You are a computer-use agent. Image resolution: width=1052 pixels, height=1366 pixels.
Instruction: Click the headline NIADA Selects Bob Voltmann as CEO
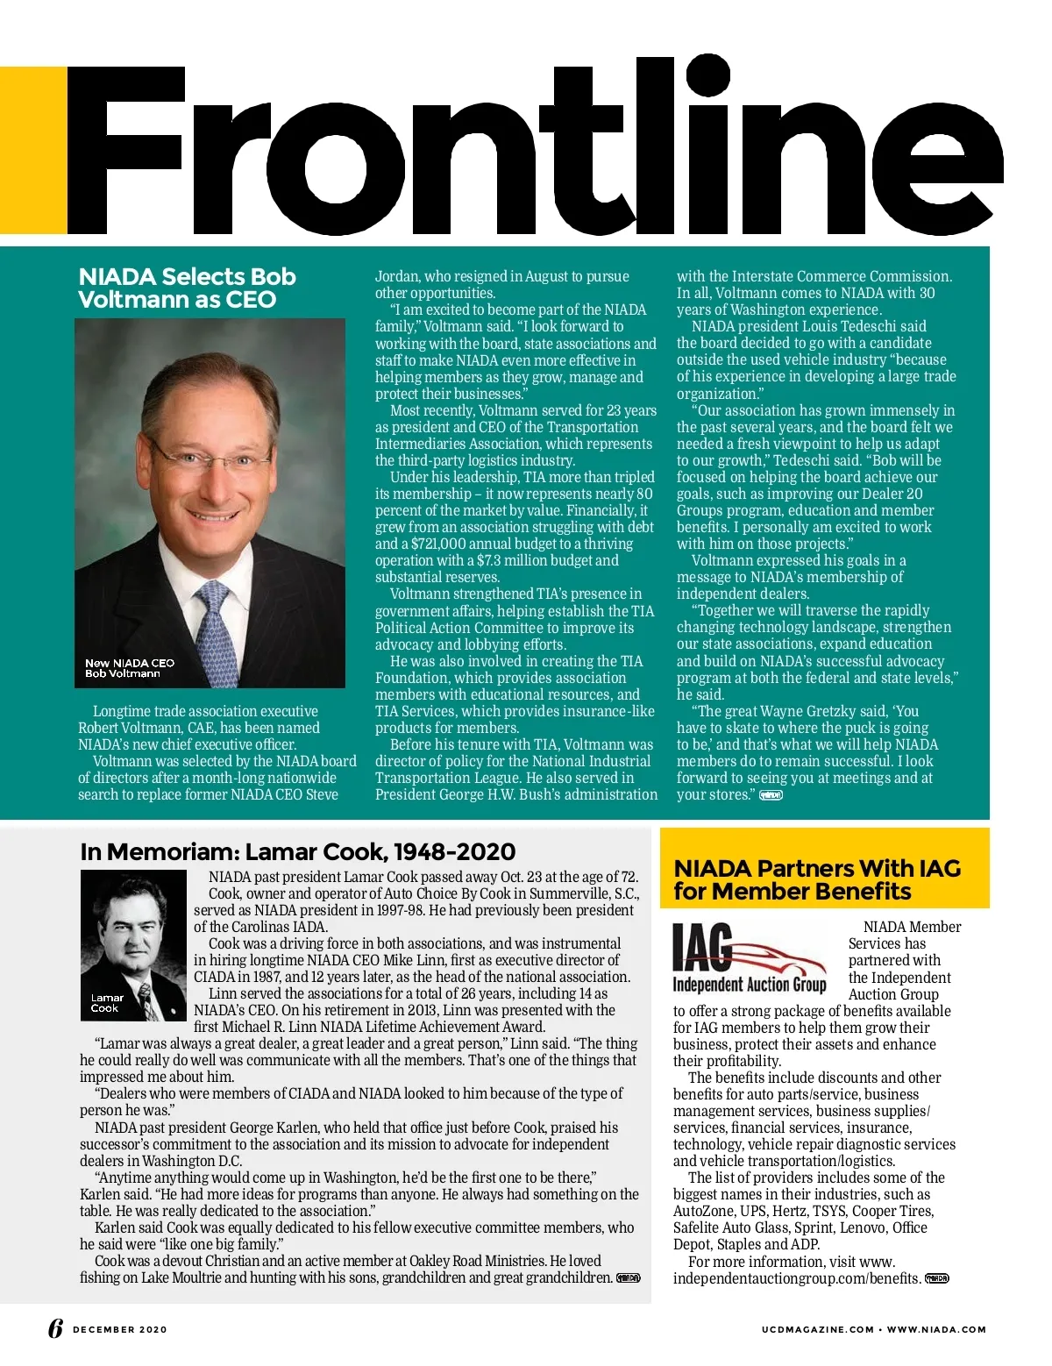tap(187, 288)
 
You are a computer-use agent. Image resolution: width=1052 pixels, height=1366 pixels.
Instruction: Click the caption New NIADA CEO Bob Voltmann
tap(130, 669)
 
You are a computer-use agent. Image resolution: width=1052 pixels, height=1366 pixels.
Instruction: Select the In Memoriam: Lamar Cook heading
tap(297, 852)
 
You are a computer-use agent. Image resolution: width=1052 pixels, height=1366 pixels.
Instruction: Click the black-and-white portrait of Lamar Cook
tap(133, 945)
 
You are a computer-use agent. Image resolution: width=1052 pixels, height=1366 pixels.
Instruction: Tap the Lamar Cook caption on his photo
tap(107, 1003)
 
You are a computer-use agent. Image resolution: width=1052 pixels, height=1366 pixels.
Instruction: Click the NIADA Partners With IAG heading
tap(817, 880)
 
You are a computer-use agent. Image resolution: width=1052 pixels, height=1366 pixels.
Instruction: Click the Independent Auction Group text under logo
tap(750, 985)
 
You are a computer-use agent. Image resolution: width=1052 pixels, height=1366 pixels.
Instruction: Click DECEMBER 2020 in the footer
tap(120, 1329)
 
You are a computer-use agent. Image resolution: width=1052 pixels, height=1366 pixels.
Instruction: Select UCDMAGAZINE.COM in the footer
tap(817, 1329)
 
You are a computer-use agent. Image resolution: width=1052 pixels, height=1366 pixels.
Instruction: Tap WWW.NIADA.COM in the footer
tap(936, 1329)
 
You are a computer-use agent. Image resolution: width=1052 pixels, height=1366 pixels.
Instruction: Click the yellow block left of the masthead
tap(33, 151)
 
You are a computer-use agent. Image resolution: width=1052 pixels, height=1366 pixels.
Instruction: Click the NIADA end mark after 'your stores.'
tap(771, 795)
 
